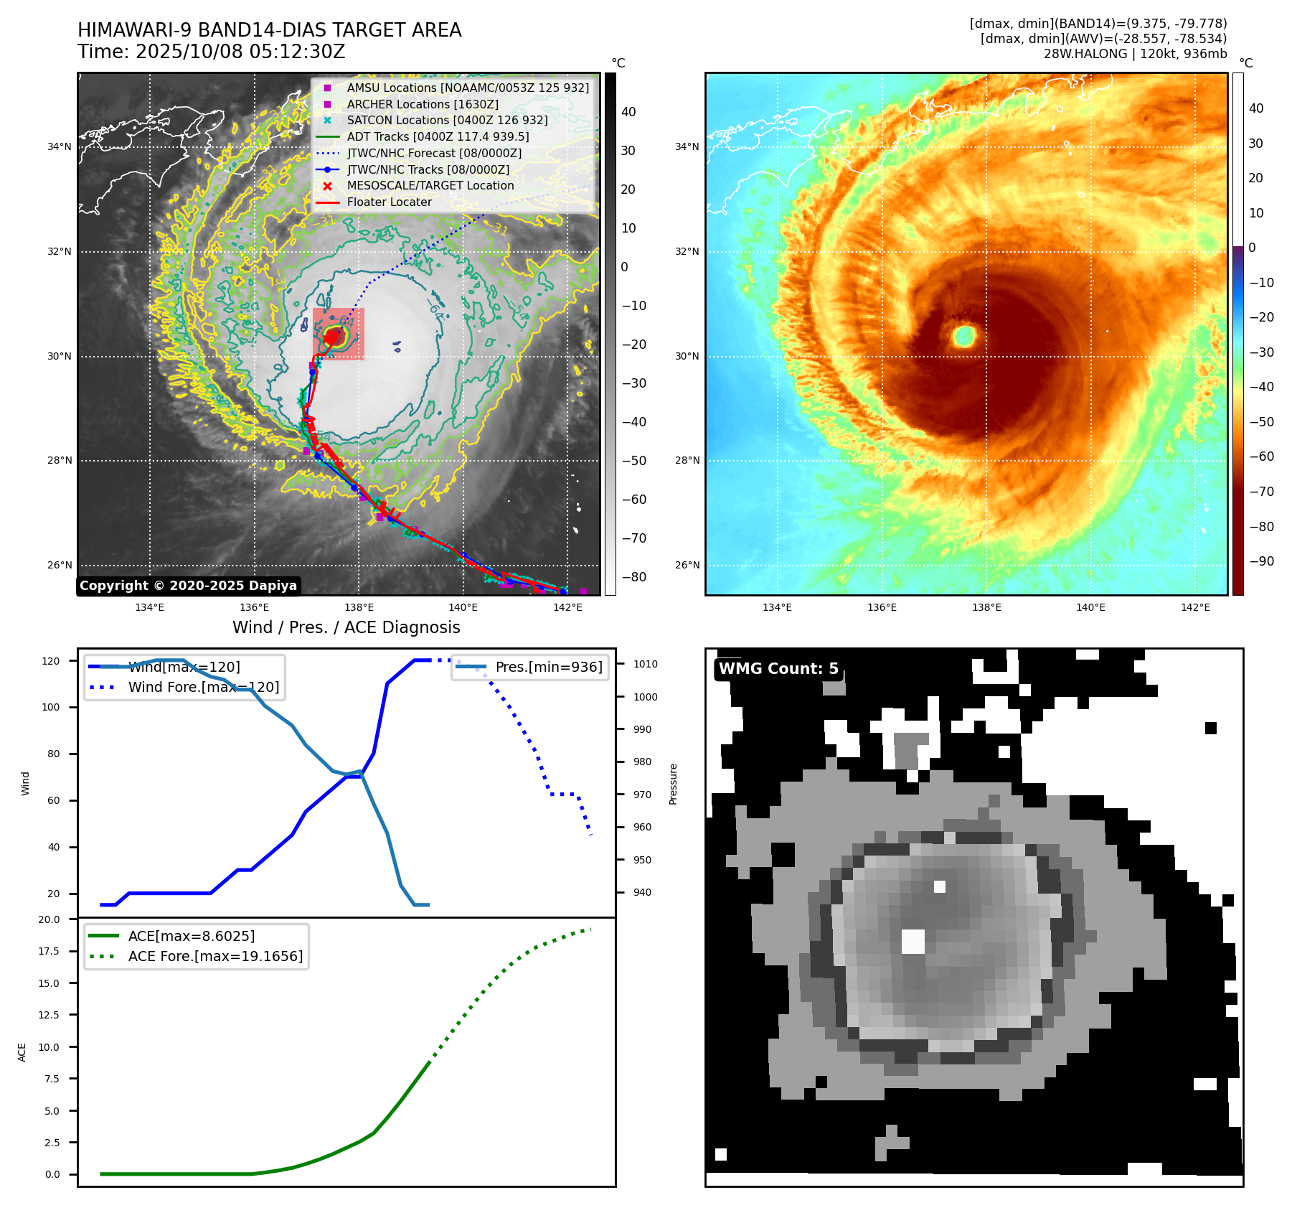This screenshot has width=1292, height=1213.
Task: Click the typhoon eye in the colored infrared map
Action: (x=964, y=335)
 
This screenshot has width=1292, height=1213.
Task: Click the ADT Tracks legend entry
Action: (x=438, y=136)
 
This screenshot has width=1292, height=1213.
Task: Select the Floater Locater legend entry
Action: (x=389, y=202)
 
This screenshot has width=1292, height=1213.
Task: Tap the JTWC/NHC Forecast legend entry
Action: (x=434, y=153)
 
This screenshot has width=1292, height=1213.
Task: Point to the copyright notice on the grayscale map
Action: (x=188, y=586)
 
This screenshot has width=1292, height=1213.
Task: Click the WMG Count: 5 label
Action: (x=778, y=669)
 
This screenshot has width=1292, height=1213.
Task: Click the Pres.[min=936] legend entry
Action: (x=548, y=668)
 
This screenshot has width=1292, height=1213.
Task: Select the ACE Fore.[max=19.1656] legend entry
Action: (x=215, y=956)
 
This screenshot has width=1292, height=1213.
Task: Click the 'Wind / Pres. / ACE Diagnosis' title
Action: (x=346, y=627)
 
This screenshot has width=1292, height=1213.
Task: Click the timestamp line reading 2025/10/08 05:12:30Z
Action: (x=212, y=52)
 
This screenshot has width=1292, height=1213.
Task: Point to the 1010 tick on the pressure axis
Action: (x=645, y=664)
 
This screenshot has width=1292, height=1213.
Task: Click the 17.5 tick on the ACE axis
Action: (x=49, y=951)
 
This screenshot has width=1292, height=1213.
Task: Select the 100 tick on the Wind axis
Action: (x=51, y=707)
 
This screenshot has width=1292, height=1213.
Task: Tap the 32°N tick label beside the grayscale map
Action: (x=60, y=252)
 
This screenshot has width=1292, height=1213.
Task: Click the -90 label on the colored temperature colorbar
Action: (x=1261, y=561)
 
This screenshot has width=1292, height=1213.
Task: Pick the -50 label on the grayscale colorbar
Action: (x=633, y=461)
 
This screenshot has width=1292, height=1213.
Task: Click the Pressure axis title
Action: (x=673, y=784)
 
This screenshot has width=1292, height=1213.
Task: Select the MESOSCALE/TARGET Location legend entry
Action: (x=430, y=186)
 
